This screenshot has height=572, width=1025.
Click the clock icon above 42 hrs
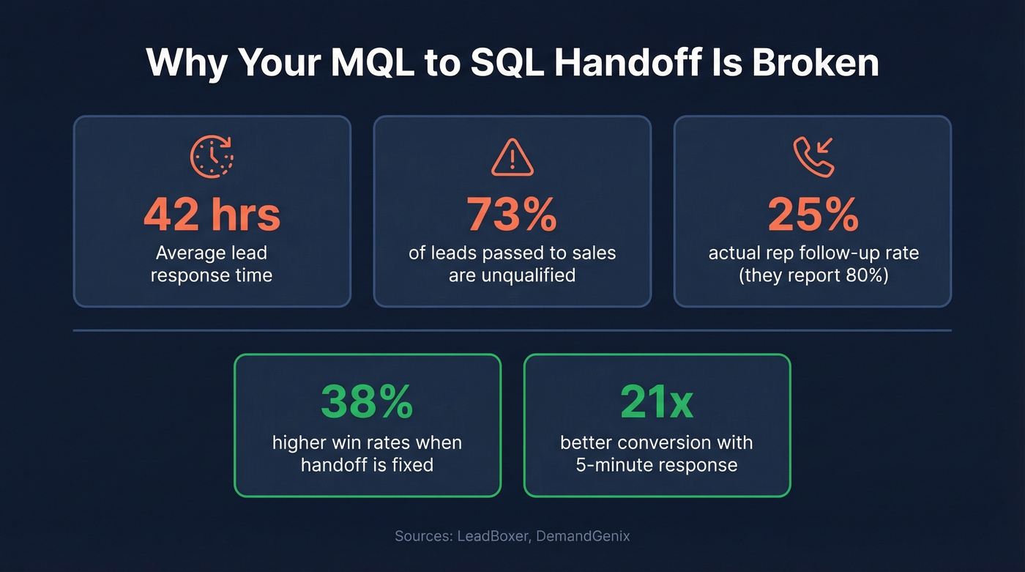pos(212,157)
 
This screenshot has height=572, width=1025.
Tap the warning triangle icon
pos(512,157)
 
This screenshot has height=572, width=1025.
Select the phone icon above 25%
pos(813,157)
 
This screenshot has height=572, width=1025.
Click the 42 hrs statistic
pos(212,215)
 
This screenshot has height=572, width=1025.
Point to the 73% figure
pos(512,215)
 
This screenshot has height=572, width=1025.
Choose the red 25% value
pos(813,215)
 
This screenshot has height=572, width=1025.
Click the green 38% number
pos(367,403)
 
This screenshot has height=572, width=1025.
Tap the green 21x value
pos(657,403)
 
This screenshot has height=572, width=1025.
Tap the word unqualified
pos(512,275)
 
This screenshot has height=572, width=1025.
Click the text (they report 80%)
pos(813,275)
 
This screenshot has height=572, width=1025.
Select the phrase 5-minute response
pos(657,465)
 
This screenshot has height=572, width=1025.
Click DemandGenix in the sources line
pos(583,536)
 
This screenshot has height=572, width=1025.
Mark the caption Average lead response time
pos(212,264)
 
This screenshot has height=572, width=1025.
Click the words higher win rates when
pos(367,442)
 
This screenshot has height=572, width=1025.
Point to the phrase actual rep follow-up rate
pos(813,253)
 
